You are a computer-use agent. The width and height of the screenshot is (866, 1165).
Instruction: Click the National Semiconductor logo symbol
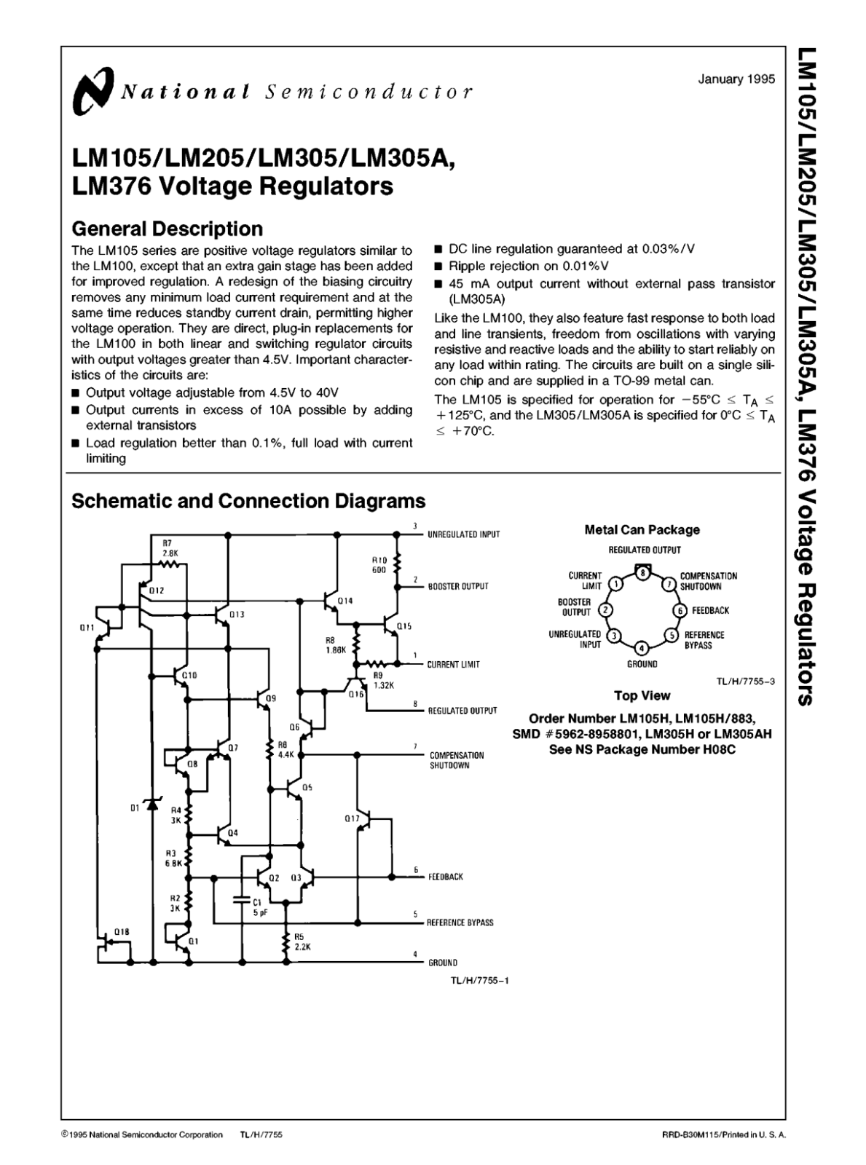pyautogui.click(x=92, y=91)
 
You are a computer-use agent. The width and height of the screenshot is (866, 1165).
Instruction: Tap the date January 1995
pyautogui.click(x=736, y=79)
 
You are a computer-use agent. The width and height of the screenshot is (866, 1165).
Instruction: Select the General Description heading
pyautogui.click(x=167, y=229)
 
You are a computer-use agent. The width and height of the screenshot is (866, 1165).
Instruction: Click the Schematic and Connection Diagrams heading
pyautogui.click(x=248, y=501)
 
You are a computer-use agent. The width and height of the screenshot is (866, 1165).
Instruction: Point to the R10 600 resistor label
pyautogui.click(x=379, y=565)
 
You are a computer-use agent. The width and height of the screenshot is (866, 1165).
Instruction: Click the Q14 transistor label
pyautogui.click(x=345, y=601)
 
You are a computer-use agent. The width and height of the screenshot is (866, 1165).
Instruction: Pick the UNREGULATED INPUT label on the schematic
pyautogui.click(x=463, y=534)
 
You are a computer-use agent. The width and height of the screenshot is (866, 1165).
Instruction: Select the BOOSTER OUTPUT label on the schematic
pyautogui.click(x=457, y=586)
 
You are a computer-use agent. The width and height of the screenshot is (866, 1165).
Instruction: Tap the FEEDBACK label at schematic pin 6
pyautogui.click(x=445, y=877)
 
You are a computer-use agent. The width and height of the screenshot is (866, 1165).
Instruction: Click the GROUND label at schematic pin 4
pyautogui.click(x=442, y=963)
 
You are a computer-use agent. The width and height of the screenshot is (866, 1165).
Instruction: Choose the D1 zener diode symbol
pyautogui.click(x=152, y=805)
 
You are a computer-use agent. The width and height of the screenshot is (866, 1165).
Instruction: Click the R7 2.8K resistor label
pyautogui.click(x=169, y=548)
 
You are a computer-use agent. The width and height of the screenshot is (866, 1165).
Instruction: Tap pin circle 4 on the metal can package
pyautogui.click(x=641, y=648)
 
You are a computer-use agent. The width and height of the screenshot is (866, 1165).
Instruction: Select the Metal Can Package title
pyautogui.click(x=642, y=530)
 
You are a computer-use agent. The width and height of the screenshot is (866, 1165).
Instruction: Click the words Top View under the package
pyautogui.click(x=642, y=695)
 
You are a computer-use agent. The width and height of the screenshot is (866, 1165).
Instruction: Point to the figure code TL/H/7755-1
pyautogui.click(x=479, y=980)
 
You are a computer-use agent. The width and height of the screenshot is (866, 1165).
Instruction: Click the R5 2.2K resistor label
pyautogui.click(x=302, y=942)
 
